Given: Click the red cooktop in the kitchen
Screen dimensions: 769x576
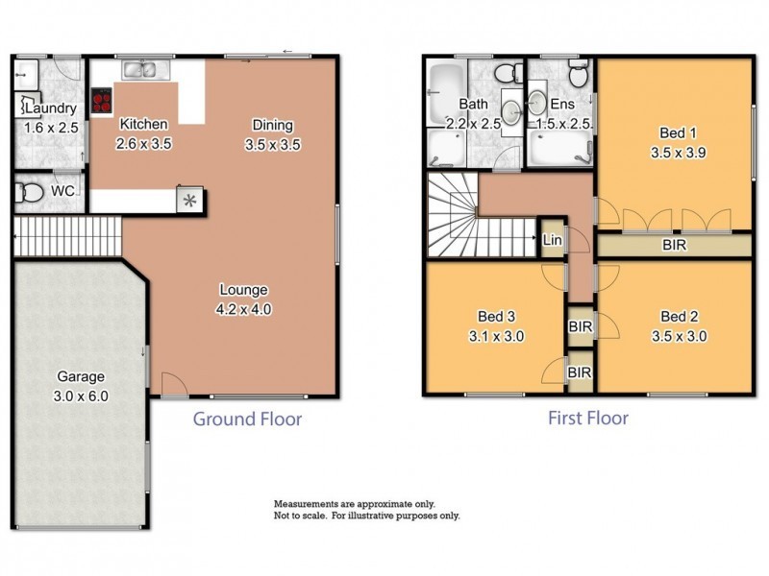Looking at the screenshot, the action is point(102,101).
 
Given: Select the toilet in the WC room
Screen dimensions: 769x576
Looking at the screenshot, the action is point(28,192).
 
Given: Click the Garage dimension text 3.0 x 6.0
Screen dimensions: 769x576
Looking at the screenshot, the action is point(81,396).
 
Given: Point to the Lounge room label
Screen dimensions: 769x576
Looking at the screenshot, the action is point(244,290).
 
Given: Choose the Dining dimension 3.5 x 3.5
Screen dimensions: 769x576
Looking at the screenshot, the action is point(273,145).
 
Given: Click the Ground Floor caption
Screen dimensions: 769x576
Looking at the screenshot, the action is point(247,420).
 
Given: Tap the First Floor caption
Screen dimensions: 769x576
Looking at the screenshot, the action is point(588,419).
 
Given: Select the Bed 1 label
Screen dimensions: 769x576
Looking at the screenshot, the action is point(678,132).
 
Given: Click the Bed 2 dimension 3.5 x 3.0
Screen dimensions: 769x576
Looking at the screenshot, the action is point(680,337).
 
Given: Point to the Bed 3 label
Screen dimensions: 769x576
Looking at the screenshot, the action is point(496,317).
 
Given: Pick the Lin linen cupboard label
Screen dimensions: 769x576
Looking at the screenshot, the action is point(552,240).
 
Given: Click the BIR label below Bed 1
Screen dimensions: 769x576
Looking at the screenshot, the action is point(675,245).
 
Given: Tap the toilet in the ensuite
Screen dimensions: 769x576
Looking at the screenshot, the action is point(580,75).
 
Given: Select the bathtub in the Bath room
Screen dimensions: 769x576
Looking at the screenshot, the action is point(446,94).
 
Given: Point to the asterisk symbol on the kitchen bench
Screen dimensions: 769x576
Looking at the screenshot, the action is point(189,201).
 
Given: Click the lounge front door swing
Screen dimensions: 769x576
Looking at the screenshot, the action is point(175,383).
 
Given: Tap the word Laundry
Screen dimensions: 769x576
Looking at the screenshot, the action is point(51,108).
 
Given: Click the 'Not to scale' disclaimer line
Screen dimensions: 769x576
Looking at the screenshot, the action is point(367,516).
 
